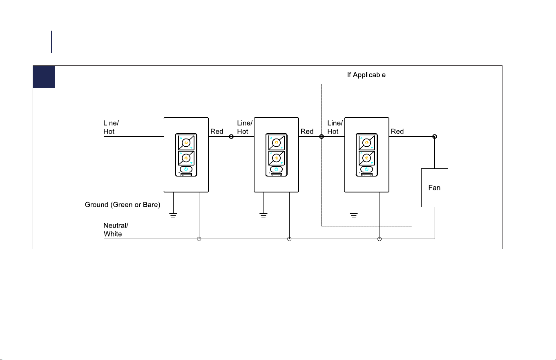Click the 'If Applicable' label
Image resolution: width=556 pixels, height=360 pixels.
pos(366,75)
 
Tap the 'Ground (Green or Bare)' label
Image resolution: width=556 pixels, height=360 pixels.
pos(123,205)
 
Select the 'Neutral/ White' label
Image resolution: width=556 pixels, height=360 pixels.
pos(116,230)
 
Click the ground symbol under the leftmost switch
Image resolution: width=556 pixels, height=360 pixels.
pos(173,215)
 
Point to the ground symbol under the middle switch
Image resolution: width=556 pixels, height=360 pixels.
pos(263,215)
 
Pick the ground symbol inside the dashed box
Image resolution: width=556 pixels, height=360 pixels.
pos(354,215)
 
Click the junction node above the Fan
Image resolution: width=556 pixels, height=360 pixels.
pos(435,136)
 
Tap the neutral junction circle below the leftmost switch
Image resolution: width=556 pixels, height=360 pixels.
pos(199,239)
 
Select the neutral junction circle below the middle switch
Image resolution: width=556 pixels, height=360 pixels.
pos(289,239)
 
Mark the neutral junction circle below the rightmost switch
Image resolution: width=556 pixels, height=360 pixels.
pos(380,239)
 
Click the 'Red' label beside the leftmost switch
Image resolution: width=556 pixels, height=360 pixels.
pos(217,131)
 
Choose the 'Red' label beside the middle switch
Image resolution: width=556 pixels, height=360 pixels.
pos(307,131)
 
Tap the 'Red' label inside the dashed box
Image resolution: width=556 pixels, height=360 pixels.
pos(397,131)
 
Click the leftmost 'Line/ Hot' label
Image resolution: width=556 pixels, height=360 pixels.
pos(111,127)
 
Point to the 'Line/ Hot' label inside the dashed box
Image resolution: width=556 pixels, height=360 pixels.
pos(335,127)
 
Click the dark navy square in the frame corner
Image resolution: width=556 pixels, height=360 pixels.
pos(44,77)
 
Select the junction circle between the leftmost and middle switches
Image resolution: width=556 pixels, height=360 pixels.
pos(231,136)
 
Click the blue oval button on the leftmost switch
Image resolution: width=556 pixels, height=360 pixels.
pos(186,169)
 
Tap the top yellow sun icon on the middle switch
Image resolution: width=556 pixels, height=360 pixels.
pos(276,143)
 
